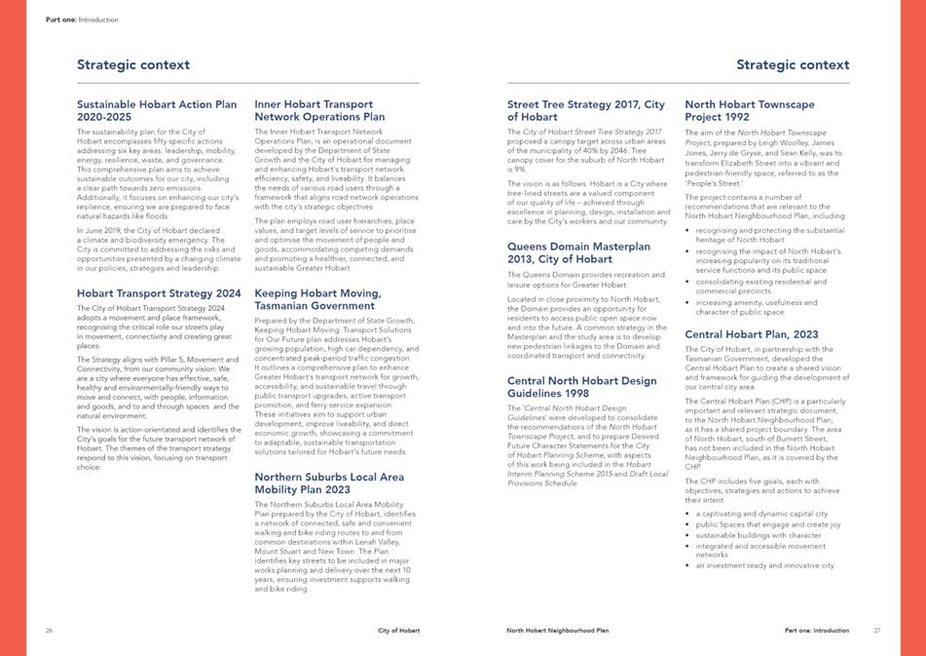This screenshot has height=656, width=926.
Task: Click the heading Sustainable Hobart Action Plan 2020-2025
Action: [x=156, y=109]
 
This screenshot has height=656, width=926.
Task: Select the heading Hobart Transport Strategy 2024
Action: [x=159, y=293]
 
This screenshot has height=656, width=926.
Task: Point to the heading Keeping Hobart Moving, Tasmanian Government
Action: [x=317, y=298]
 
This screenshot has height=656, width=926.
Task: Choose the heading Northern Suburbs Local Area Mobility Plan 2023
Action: [x=328, y=482]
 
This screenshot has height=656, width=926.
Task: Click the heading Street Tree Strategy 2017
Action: [x=586, y=109]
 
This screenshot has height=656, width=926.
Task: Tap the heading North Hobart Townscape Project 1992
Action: [x=750, y=109]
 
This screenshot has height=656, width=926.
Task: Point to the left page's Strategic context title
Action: [x=133, y=65]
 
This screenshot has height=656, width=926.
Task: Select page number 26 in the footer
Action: [x=49, y=631]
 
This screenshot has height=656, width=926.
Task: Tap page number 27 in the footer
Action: [x=876, y=631]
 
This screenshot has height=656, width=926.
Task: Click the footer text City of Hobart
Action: [x=399, y=631]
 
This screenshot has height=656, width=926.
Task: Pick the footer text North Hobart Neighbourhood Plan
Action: [x=557, y=631]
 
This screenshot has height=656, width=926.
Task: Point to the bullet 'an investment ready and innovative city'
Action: [x=765, y=565]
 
